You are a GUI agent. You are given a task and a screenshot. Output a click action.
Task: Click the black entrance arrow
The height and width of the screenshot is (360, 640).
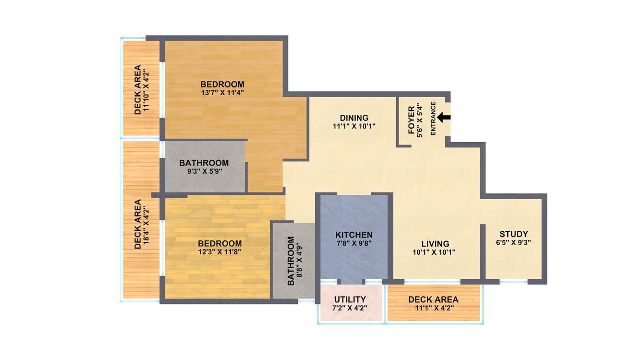pyautogui.click(x=444, y=117)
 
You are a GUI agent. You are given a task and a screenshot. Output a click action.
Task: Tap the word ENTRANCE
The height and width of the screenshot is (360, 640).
pyautogui.click(x=433, y=118)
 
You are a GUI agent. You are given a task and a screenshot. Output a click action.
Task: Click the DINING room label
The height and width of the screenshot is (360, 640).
pyautogui.click(x=354, y=118)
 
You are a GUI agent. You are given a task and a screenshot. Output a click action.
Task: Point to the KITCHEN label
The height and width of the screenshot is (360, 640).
pyautogui.click(x=354, y=235)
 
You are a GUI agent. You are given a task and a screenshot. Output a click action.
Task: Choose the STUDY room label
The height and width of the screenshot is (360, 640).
pyautogui.click(x=514, y=234)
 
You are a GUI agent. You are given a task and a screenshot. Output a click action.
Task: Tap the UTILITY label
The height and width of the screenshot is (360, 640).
pyautogui.click(x=350, y=299)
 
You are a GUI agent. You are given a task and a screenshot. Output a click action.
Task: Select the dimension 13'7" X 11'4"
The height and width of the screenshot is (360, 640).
pyautogui.click(x=222, y=93)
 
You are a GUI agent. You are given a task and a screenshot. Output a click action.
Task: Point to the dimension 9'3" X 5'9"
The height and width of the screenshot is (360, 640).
pyautogui.click(x=204, y=171)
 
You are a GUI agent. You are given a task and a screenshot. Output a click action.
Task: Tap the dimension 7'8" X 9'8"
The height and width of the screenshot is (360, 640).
pyautogui.click(x=354, y=243)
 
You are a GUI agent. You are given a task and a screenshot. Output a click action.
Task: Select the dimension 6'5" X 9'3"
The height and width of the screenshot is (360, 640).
pyautogui.click(x=514, y=243)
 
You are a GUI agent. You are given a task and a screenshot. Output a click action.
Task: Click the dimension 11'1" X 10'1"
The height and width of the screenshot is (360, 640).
pyautogui.click(x=354, y=126)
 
